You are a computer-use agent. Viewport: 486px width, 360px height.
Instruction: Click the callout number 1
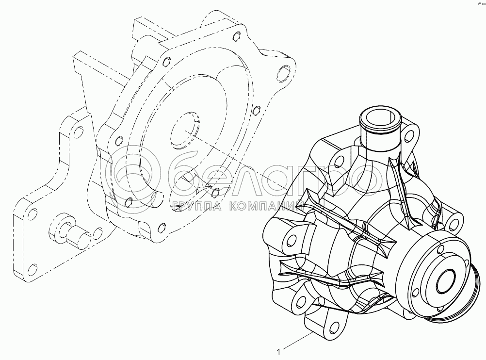[278, 352]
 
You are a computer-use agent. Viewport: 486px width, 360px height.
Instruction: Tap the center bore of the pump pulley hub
[445, 281]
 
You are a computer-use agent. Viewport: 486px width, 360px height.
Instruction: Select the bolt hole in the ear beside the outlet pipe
[409, 134]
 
